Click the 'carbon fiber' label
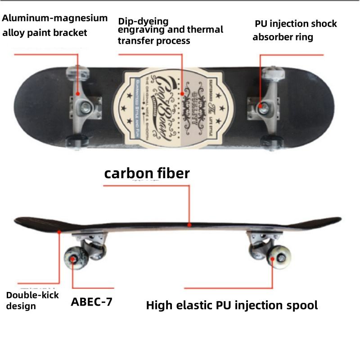click(x=147, y=174)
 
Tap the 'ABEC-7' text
click(x=91, y=301)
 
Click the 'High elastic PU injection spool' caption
click(x=232, y=305)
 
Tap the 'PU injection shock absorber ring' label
click(x=295, y=30)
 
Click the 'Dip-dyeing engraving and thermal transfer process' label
click(x=171, y=31)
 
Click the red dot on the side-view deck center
click(x=189, y=224)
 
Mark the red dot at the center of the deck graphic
click(x=182, y=95)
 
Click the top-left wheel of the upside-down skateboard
click(x=74, y=72)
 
